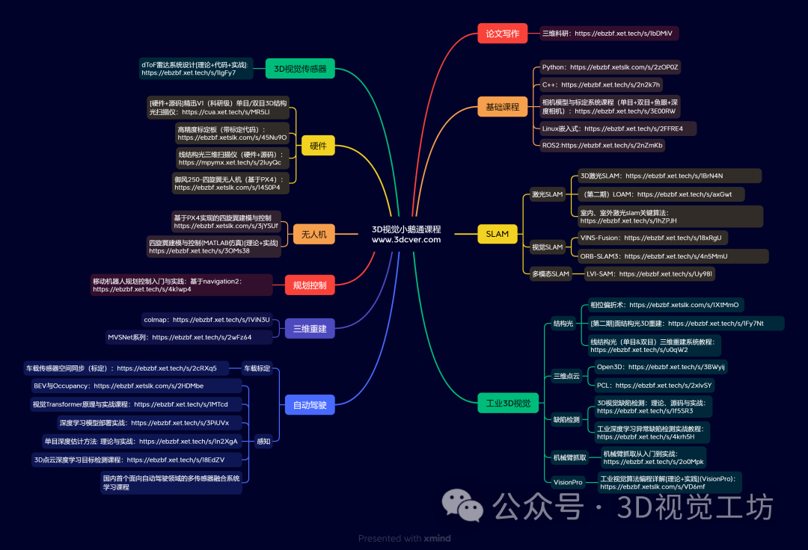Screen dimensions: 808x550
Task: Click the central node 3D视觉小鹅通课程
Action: coord(406,235)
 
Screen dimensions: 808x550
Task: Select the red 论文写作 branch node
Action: coord(502,34)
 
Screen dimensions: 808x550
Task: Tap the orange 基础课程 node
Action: coord(502,107)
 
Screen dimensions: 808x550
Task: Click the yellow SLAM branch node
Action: coord(497,234)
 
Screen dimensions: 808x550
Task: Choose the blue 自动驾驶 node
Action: coord(310,405)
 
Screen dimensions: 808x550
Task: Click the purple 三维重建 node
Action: coord(310,328)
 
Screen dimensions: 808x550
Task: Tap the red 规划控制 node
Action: coord(310,285)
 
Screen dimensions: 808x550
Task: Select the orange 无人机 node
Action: coord(313,234)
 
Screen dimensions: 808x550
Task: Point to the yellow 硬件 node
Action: coord(318,146)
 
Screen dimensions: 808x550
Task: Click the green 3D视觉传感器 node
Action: coord(300,69)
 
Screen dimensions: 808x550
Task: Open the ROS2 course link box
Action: coord(602,145)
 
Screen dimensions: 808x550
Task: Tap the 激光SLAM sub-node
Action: coord(547,195)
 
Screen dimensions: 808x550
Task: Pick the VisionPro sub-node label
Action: coord(568,482)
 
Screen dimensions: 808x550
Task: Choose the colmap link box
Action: coord(206,320)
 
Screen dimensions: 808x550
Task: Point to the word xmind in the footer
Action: coord(438,538)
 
